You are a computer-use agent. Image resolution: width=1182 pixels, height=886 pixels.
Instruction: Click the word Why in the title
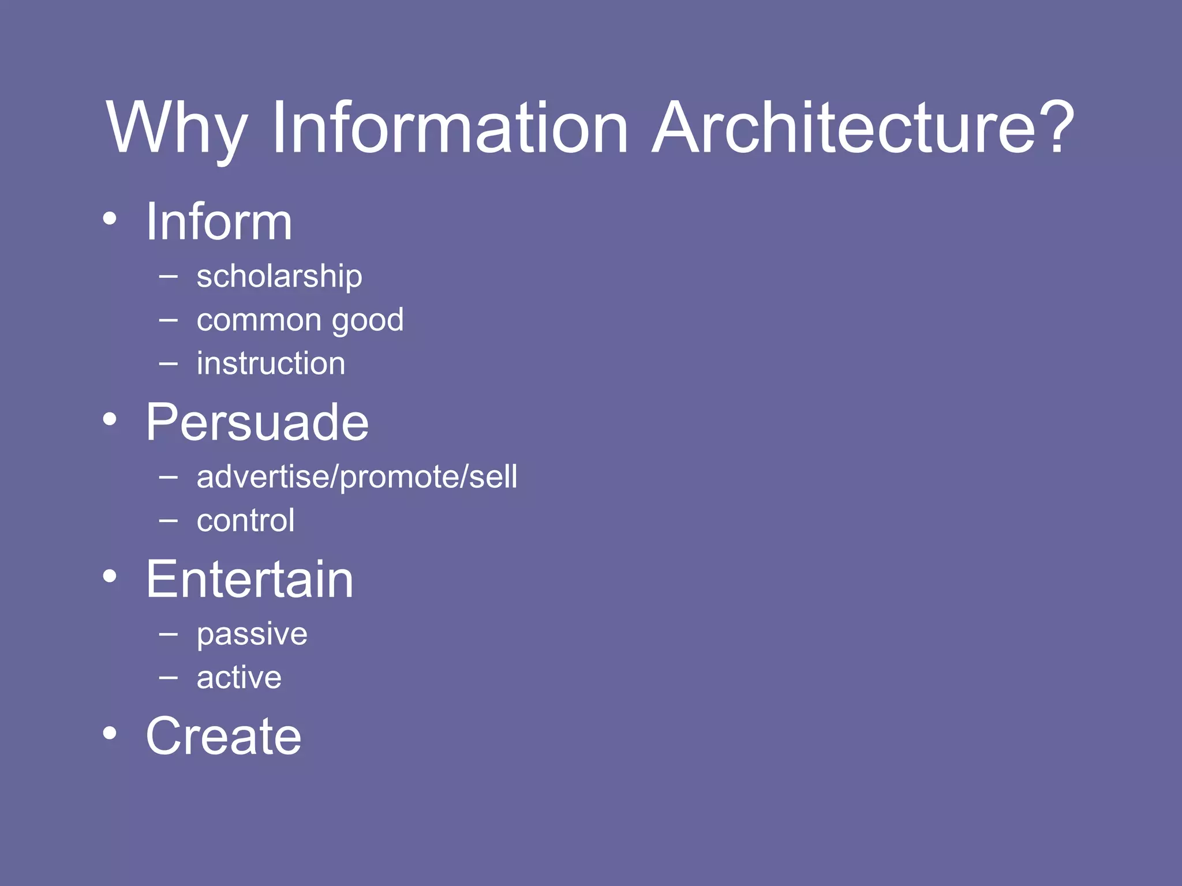point(177,130)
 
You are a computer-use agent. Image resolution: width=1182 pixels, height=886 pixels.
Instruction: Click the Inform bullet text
point(219,221)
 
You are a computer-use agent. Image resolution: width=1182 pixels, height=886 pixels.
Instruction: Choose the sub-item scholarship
point(279,277)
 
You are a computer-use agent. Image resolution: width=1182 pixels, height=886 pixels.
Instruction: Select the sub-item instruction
point(271,364)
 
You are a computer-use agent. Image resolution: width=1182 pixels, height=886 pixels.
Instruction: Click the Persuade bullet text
point(257,422)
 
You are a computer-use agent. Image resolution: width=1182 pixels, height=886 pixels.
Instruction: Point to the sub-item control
point(245,521)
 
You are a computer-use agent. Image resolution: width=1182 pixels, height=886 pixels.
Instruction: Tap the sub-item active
point(239,678)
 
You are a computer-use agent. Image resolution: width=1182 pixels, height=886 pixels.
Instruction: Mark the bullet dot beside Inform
point(110,219)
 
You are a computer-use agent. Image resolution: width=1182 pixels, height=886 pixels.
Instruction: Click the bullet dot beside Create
point(110,733)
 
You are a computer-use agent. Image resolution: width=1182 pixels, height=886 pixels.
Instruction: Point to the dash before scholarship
point(168,277)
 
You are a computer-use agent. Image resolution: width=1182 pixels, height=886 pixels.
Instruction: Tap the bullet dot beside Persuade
point(110,419)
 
